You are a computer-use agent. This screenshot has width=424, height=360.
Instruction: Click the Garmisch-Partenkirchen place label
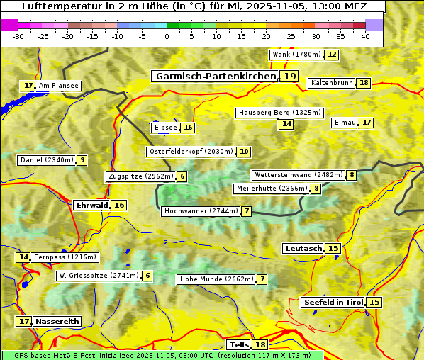coord(216,77)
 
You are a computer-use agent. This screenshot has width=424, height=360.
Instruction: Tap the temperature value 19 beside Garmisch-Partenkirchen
coord(289,77)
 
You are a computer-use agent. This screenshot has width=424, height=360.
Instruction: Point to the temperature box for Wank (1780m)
coord(331,55)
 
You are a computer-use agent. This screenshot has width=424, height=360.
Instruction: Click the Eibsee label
coord(165,128)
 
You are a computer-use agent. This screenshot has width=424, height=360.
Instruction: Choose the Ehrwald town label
coord(91,206)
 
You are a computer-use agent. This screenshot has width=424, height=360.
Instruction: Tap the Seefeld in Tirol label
coord(333,303)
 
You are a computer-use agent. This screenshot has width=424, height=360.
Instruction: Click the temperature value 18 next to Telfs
coord(261,345)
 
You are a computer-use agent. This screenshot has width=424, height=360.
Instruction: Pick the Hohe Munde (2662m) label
coord(216,279)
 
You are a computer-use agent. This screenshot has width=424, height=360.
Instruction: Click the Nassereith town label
coord(57,321)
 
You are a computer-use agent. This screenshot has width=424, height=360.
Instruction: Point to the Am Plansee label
coord(59,86)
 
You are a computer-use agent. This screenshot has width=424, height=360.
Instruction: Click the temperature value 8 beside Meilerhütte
coord(316,189)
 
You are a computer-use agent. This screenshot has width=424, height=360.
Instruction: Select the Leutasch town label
coord(303,248)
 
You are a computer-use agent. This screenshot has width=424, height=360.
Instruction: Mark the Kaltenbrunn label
coord(332,83)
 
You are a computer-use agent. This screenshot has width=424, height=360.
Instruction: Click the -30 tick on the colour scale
coord(18,37)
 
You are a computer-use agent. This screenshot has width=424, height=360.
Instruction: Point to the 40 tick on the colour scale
coord(365,37)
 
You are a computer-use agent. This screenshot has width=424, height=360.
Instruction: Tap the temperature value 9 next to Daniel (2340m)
coord(82,160)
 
